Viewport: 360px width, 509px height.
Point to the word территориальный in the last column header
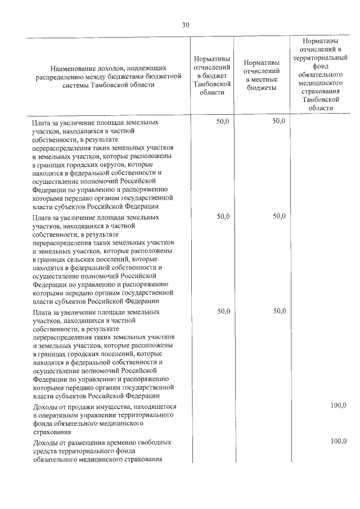(320, 57)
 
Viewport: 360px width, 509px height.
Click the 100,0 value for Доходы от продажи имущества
(339, 406)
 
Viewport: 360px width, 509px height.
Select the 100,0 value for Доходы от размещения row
(339, 442)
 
